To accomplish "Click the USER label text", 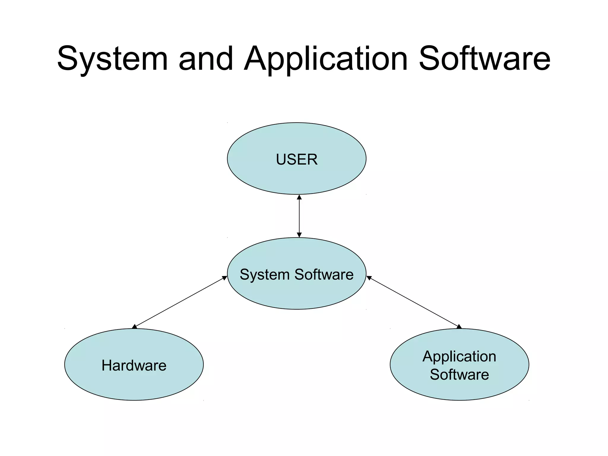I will [297, 159].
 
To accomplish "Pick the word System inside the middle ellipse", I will [265, 274].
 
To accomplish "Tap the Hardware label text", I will [134, 365].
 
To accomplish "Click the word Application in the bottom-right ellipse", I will [459, 356].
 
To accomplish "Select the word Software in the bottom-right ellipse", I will [459, 374].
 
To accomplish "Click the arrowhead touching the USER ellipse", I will [299, 197].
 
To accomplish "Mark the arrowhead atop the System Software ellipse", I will [299, 235].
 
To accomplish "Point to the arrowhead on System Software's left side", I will [225, 278].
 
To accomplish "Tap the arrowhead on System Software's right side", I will [369, 278].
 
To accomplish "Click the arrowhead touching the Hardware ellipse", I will [134, 327].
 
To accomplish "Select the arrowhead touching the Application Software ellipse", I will [459, 327].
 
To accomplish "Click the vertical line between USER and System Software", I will [299, 216].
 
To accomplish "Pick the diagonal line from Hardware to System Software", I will [180, 302].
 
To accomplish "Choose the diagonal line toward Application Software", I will [414, 302].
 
